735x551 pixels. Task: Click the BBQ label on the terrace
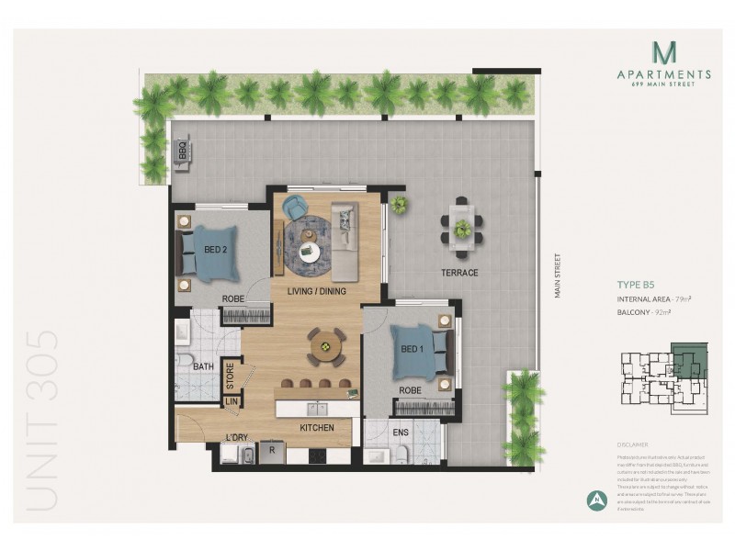coord(182,149)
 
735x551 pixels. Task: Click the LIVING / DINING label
coord(317,292)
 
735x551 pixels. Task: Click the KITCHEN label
coord(316,427)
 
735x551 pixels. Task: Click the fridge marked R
coord(273,450)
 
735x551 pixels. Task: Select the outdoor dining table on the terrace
coord(461,221)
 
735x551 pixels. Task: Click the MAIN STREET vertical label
coord(557,275)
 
